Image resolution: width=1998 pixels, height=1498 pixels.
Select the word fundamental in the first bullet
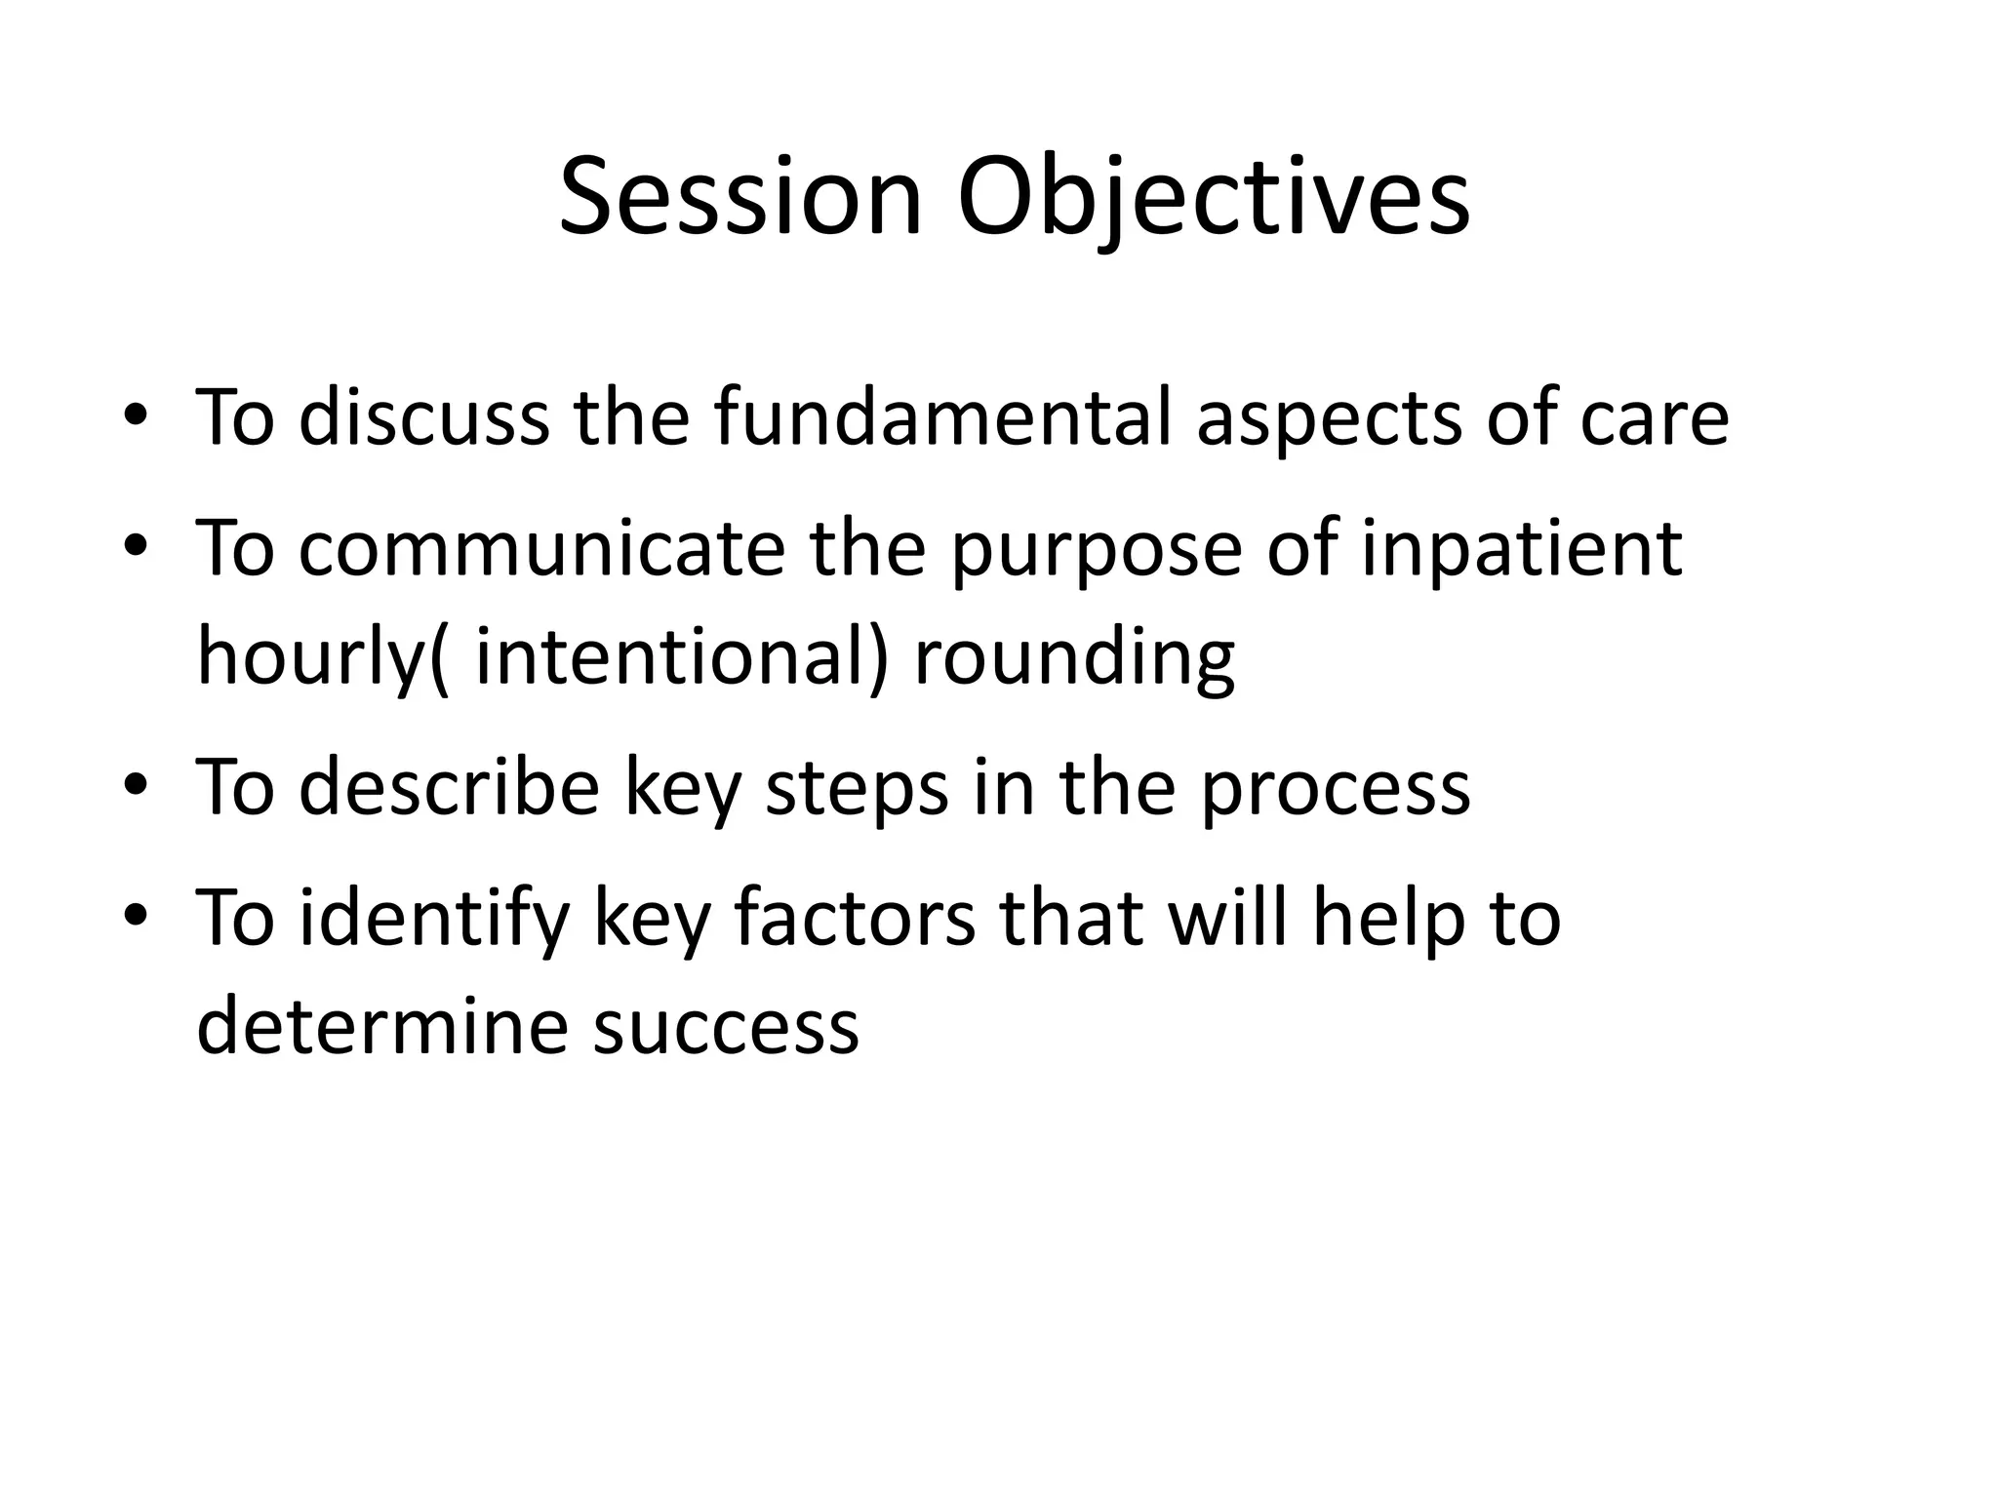click(942, 417)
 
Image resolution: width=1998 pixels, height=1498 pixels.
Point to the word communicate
click(541, 548)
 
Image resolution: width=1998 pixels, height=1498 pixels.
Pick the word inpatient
click(1522, 550)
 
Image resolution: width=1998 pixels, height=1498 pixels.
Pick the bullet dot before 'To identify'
click(136, 919)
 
